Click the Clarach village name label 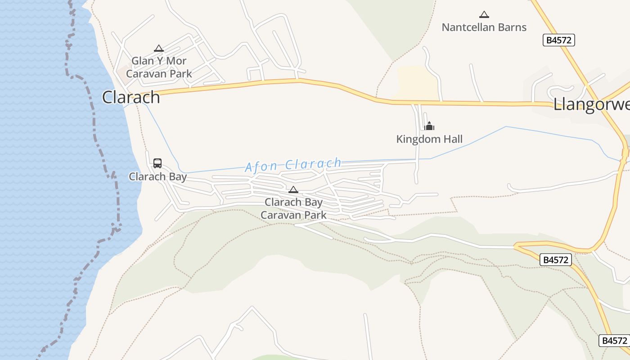(131, 97)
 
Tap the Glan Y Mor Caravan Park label (159, 67)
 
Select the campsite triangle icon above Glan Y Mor (158, 48)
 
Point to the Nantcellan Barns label (484, 27)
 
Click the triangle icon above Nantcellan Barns (484, 14)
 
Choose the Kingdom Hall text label (429, 139)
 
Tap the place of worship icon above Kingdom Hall (429, 126)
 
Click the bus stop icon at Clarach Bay (157, 163)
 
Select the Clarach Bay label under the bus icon (157, 176)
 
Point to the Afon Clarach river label (293, 165)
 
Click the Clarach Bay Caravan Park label (293, 208)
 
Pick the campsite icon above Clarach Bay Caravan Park (293, 189)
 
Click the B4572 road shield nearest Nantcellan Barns (558, 40)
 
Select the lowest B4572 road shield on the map (614, 341)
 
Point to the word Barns (511, 27)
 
